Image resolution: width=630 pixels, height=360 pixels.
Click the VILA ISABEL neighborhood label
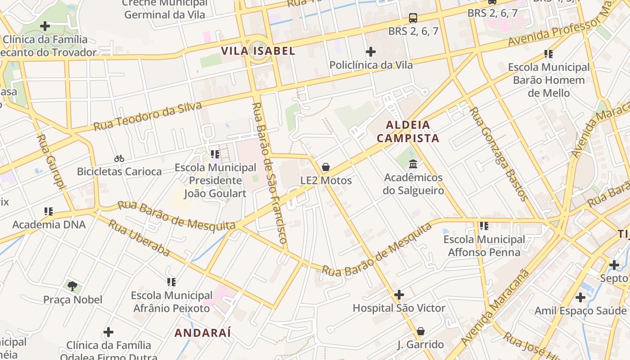pos(258,51)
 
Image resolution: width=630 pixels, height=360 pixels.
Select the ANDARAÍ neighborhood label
pos(202,333)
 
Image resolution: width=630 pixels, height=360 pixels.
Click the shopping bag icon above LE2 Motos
pos(326,167)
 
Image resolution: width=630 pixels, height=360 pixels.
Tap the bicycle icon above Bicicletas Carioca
pos(119,158)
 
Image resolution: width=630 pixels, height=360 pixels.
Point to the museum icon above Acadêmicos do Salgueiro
pos(413,164)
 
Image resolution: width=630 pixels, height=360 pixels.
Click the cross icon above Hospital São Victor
pos(399,295)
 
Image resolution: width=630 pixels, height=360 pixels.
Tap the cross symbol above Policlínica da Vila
pos(371,52)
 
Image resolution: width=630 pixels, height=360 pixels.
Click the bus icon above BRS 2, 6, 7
pos(413,18)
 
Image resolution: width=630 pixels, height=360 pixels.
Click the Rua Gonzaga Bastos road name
pos(498,153)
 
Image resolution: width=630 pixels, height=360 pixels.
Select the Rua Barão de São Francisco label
pos(269,173)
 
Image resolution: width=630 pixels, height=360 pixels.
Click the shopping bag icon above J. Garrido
pos(421,332)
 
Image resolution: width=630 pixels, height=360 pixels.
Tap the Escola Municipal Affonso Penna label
pos(484,246)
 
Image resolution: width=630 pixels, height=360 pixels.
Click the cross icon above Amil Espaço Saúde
pos(580,297)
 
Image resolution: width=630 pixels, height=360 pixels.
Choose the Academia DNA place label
pos(49,225)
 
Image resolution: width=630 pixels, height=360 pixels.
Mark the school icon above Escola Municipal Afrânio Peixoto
pos(171,282)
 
